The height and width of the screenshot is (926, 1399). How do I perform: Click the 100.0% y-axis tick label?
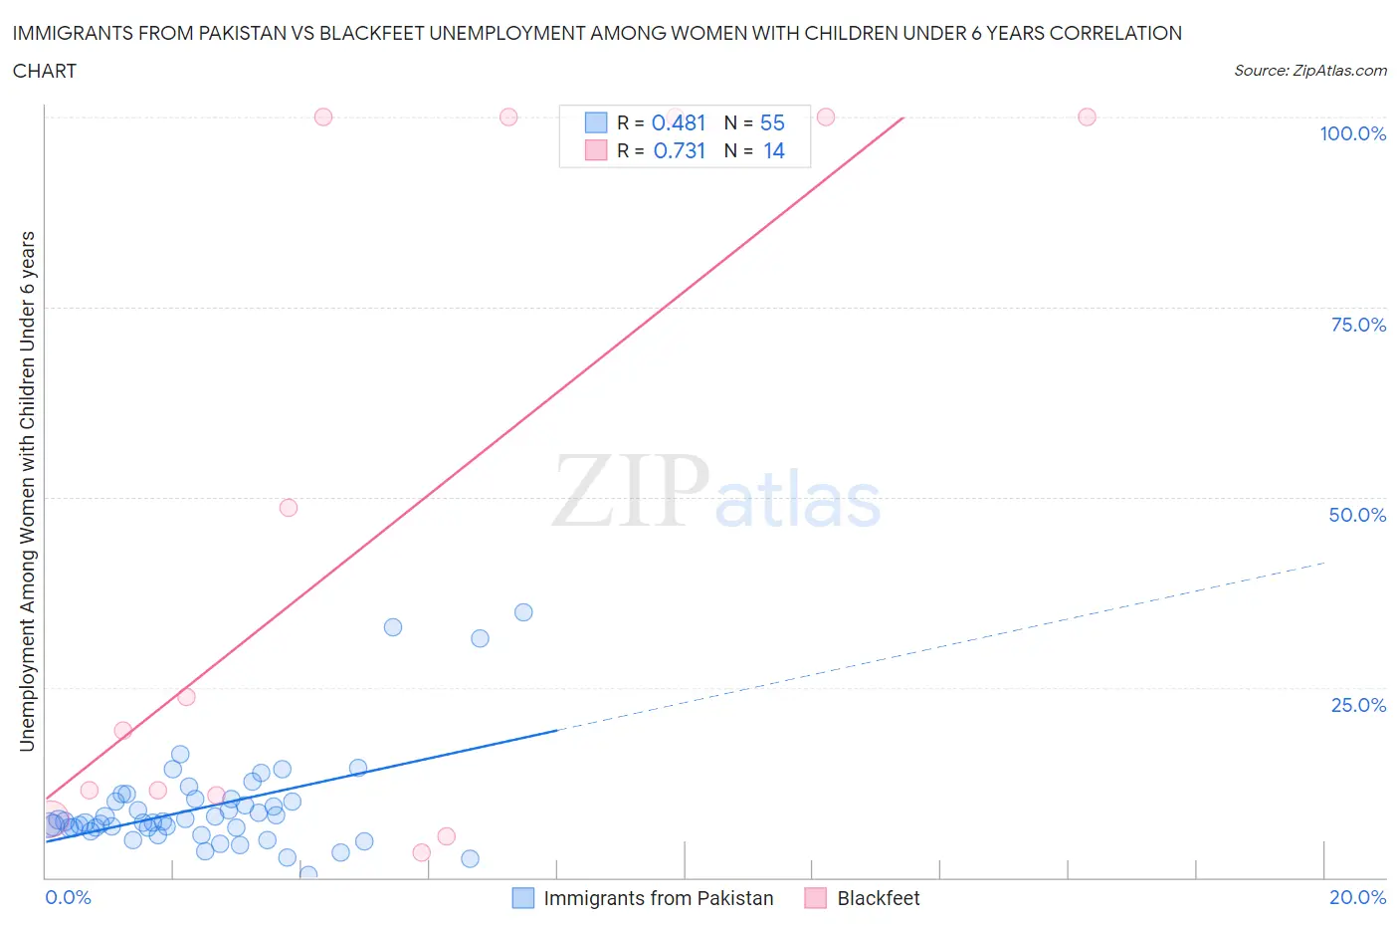click(x=1352, y=133)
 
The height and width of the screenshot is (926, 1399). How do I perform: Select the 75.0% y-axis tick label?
click(x=1357, y=325)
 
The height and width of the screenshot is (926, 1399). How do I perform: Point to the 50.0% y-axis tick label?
click(x=1357, y=515)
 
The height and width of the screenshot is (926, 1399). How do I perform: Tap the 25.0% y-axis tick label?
click(x=1357, y=705)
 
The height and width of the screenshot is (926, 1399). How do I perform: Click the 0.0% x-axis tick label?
click(x=68, y=897)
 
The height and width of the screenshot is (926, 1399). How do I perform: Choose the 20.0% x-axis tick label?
click(x=1357, y=897)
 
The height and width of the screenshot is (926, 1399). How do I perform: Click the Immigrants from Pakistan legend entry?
click(x=658, y=898)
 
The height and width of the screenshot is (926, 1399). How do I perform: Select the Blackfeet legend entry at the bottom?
click(x=878, y=898)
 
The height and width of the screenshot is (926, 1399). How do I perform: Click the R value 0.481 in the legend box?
click(x=679, y=122)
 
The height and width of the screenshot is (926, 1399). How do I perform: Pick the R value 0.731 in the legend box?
click(x=679, y=150)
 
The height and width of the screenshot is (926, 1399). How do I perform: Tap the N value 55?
click(x=772, y=122)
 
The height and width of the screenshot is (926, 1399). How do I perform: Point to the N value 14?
click(x=773, y=150)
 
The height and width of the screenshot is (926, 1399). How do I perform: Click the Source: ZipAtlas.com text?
click(x=1309, y=71)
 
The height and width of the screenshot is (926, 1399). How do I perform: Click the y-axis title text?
click(x=27, y=491)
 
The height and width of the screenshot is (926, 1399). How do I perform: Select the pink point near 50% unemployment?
click(x=289, y=508)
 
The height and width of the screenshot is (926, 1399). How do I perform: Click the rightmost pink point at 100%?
click(x=1087, y=117)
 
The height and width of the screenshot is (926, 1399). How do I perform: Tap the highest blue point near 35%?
click(x=523, y=612)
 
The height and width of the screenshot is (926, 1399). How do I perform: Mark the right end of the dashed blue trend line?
click(x=1324, y=564)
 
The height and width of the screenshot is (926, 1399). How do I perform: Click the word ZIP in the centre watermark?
click(x=631, y=491)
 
